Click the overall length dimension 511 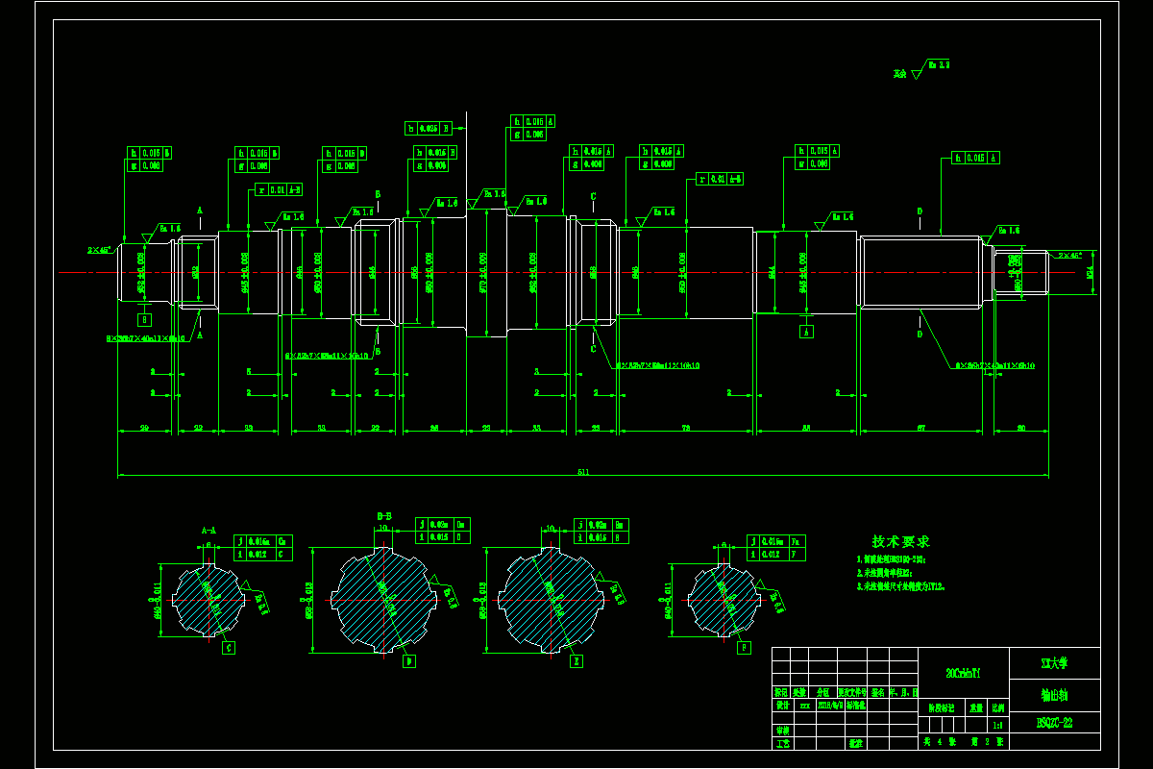click(583, 471)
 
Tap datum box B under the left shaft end click(145, 318)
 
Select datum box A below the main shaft click(807, 331)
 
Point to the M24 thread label click(1090, 272)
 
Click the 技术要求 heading click(900, 542)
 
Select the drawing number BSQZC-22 click(1054, 721)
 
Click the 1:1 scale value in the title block click(999, 727)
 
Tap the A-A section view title click(209, 530)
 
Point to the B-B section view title click(383, 516)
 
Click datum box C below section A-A click(229, 648)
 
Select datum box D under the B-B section click(409, 661)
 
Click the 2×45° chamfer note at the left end click(100, 250)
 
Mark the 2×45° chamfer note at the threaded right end click(1068, 256)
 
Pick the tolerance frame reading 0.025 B click(429, 128)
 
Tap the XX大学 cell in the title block click(1054, 663)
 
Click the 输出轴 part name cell click(1054, 694)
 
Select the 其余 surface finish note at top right click(899, 73)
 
